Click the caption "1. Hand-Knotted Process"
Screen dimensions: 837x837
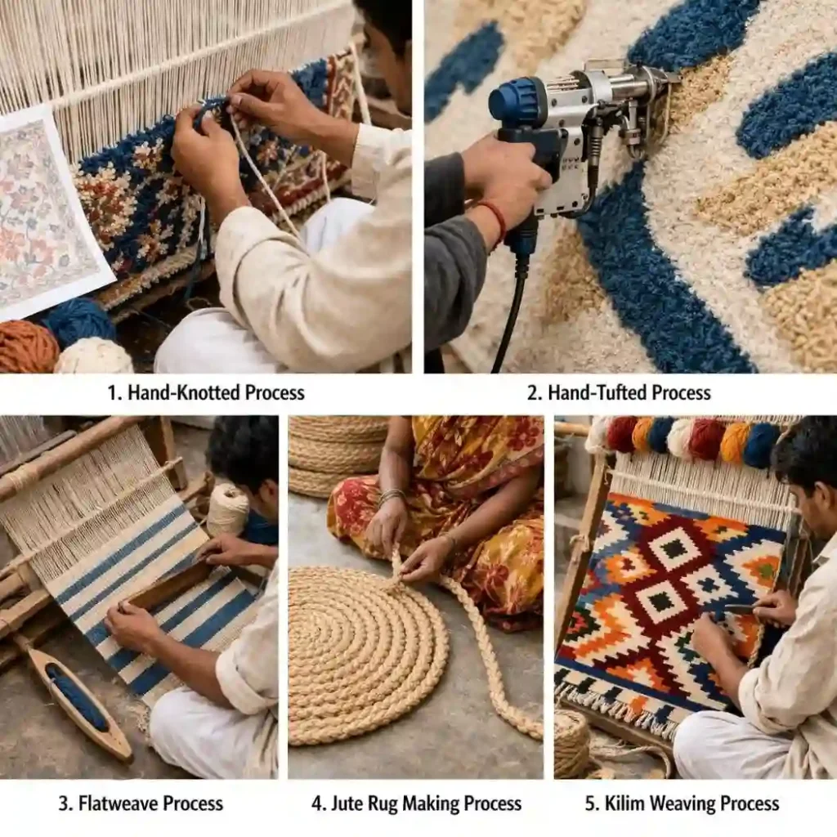[205, 392]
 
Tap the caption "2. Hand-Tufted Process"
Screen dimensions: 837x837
[618, 392]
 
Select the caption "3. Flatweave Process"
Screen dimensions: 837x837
[141, 803]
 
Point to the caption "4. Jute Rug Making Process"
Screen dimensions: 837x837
[416, 803]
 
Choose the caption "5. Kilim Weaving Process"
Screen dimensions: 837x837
[682, 803]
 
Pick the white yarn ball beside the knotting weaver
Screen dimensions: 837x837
[93, 356]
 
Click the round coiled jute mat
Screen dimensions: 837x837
[360, 654]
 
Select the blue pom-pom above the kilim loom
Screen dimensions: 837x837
[660, 435]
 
